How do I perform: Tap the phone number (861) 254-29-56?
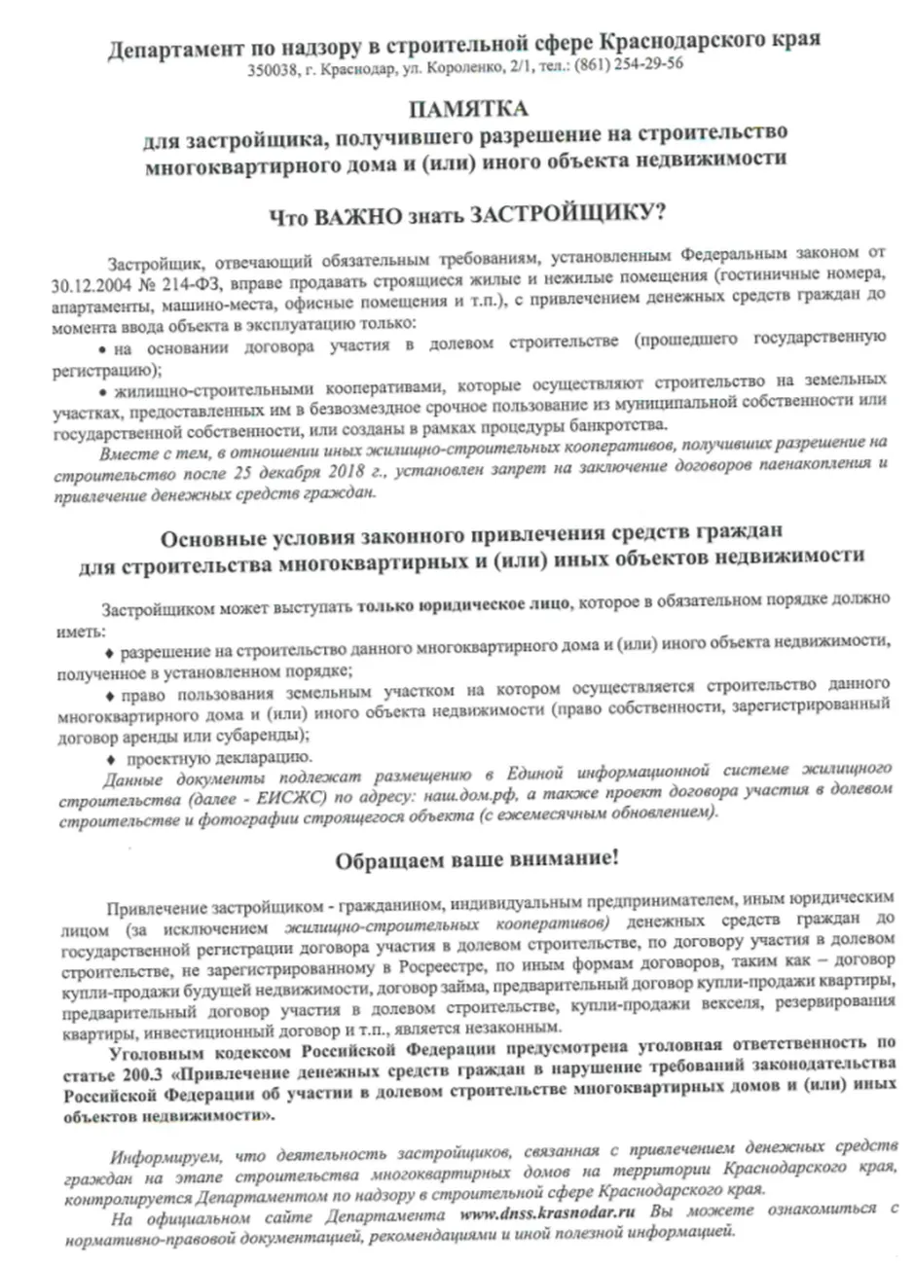tap(629, 66)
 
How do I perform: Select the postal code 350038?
tap(271, 67)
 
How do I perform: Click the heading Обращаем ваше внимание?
tap(475, 861)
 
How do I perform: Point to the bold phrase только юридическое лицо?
tap(466, 602)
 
